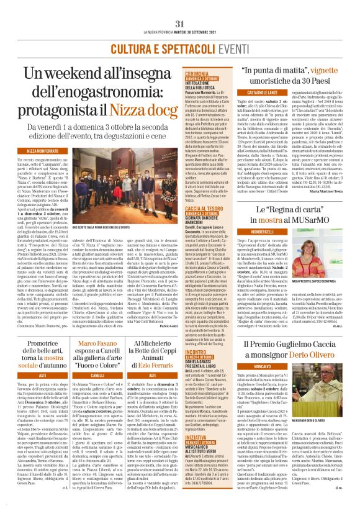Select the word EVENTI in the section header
[205, 28]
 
